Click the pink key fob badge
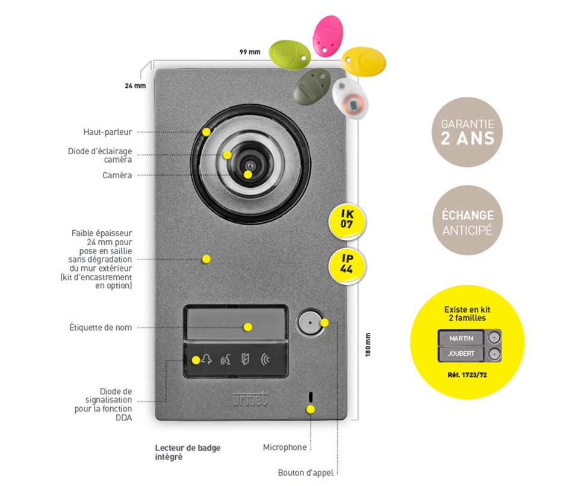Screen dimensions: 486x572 point(327,36)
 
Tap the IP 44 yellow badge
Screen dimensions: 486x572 point(347,263)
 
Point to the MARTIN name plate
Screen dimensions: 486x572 point(461,337)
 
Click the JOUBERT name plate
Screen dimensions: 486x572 point(461,354)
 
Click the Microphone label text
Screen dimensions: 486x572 point(284,447)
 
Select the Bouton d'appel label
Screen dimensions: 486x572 point(305,473)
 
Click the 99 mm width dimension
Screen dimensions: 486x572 point(250,52)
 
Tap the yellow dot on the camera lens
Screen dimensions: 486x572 point(248,174)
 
